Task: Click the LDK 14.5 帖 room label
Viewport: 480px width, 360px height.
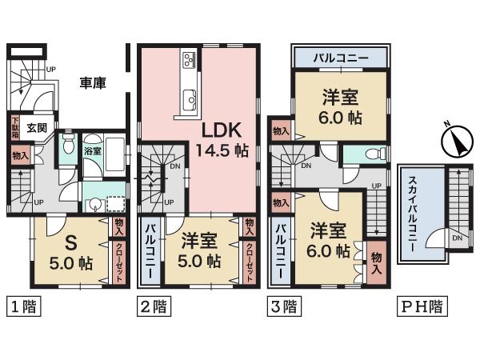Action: pyautogui.click(x=218, y=140)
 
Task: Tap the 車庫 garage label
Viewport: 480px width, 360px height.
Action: pyautogui.click(x=94, y=82)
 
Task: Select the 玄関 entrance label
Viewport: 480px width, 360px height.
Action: pyautogui.click(x=37, y=126)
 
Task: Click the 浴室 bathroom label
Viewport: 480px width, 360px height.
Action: pyautogui.click(x=93, y=150)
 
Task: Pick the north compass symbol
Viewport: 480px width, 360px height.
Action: pyautogui.click(x=453, y=143)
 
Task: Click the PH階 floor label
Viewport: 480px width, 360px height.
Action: pyautogui.click(x=423, y=306)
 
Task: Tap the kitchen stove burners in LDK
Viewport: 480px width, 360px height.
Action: pyautogui.click(x=190, y=60)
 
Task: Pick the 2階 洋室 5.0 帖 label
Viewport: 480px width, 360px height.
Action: pyautogui.click(x=200, y=250)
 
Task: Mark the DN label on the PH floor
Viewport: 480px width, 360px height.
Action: pyautogui.click(x=455, y=238)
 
